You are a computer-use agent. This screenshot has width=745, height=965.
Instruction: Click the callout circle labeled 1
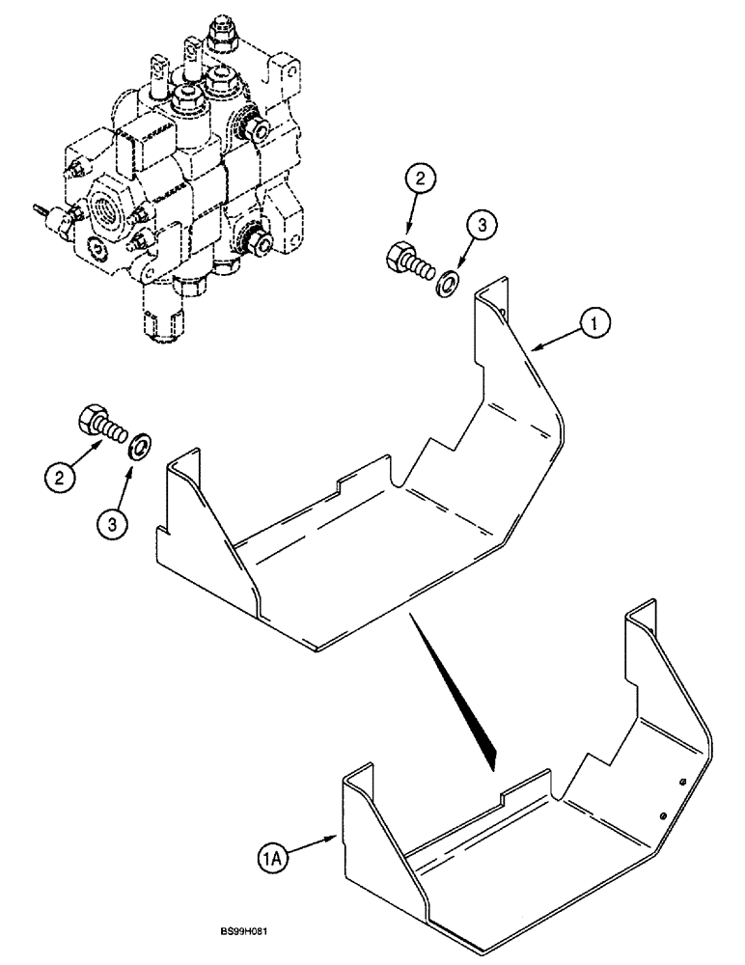595,327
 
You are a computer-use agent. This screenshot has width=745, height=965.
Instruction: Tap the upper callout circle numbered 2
400,179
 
